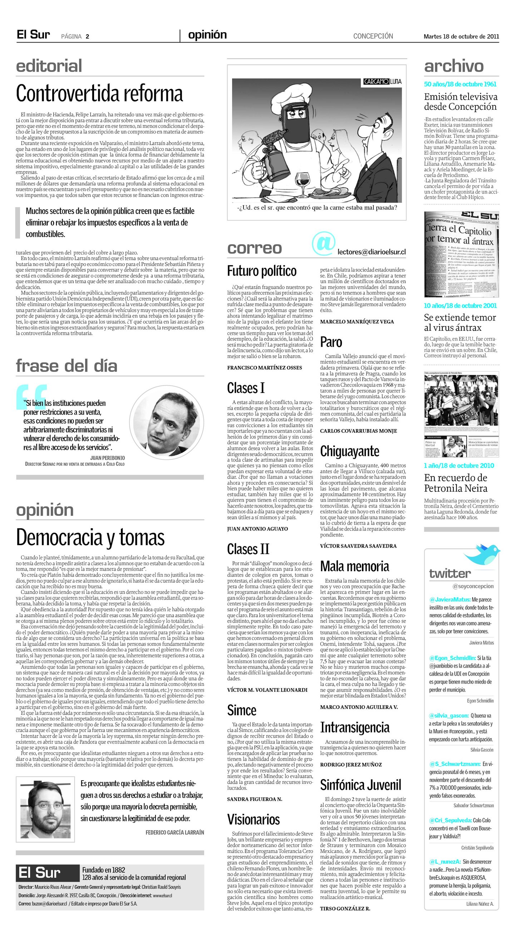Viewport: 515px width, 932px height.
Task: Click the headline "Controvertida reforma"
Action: [99, 94]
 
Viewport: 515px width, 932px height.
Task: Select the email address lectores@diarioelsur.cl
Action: [371, 252]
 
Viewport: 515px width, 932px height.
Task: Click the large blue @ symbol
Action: [323, 244]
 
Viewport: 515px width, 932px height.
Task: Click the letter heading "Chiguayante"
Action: [349, 451]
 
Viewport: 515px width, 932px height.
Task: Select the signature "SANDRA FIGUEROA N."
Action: [255, 799]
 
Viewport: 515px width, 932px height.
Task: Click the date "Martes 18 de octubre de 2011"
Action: [461, 36]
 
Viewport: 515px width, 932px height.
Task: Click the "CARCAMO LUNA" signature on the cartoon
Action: [382, 82]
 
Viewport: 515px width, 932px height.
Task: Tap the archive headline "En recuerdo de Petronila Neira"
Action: [456, 483]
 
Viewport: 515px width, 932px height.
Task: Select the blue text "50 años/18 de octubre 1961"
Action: [460, 84]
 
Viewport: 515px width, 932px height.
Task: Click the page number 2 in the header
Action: [87, 36]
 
